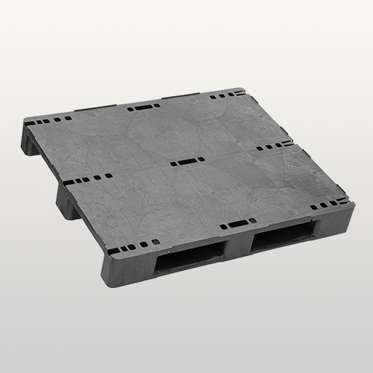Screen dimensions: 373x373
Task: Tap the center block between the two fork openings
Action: pos(239,250)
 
